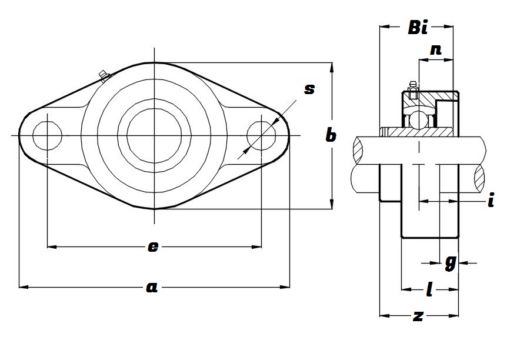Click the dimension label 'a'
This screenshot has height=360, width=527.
point(152,287)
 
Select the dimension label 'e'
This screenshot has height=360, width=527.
point(152,247)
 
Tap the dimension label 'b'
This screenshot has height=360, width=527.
point(331,136)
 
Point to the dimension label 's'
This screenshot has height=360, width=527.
point(309,89)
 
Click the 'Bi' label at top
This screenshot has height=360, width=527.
point(418,27)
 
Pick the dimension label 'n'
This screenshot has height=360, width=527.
point(436,50)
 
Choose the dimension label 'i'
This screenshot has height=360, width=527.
point(490,201)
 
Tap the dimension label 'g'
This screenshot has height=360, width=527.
point(450,262)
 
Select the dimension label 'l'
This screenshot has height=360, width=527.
point(429,289)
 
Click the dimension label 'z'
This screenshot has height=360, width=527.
point(418,316)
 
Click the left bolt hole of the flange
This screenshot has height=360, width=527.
point(47,136)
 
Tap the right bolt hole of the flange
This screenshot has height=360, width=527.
point(261,136)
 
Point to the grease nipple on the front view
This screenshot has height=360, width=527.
point(104,75)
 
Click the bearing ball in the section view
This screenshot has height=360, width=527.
point(419,119)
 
